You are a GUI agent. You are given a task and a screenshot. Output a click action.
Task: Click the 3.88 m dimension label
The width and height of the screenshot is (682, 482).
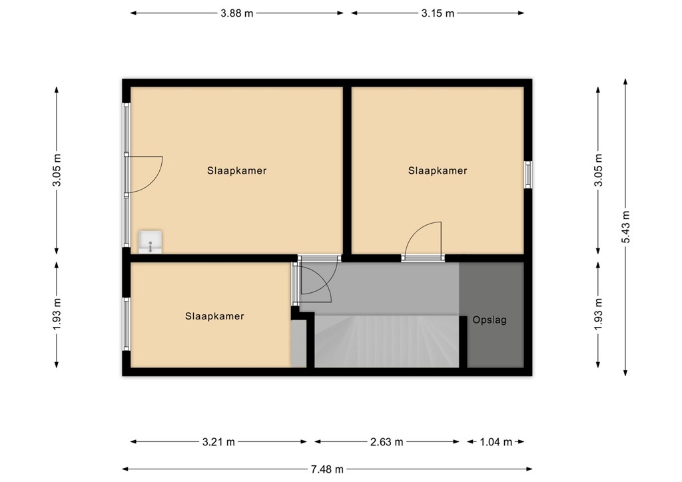(236, 13)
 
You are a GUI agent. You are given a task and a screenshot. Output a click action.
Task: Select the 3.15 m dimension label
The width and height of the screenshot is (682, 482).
(438, 13)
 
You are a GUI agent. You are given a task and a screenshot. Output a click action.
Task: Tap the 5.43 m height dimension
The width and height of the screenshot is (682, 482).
(625, 227)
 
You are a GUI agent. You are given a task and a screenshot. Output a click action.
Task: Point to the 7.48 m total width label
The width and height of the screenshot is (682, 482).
(327, 469)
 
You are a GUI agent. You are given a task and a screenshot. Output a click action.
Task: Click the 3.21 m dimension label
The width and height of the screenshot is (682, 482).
(218, 442)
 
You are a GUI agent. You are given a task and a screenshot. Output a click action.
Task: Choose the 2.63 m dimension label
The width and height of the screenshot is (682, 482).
(387, 442)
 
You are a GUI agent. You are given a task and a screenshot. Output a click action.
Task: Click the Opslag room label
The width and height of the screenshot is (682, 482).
(490, 320)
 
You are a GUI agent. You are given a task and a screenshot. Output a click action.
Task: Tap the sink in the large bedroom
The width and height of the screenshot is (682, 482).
(150, 242)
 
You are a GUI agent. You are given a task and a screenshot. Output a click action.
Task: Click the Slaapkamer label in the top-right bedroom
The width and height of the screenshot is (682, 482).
(438, 171)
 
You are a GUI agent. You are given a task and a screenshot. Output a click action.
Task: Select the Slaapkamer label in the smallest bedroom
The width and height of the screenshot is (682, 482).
(214, 316)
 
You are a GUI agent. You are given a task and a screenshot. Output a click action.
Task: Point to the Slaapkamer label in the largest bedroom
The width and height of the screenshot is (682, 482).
(236, 171)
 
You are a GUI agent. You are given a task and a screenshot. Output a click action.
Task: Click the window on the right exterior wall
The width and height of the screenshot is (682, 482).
(527, 174)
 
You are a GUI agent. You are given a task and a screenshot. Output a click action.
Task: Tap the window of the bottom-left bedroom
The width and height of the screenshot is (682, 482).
(126, 324)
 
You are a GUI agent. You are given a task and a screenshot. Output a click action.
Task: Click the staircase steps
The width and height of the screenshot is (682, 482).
(387, 342)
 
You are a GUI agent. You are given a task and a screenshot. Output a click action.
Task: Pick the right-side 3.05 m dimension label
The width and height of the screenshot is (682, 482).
(598, 170)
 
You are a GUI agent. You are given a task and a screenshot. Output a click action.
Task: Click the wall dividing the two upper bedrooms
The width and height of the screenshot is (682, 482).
(347, 170)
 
